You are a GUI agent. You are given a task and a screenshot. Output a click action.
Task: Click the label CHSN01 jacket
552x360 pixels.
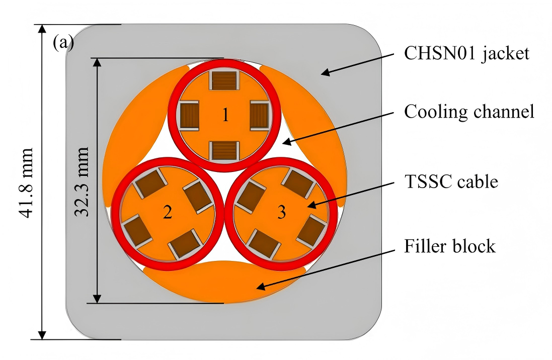click(467, 53)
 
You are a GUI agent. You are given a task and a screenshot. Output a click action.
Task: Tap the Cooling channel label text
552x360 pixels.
click(469, 112)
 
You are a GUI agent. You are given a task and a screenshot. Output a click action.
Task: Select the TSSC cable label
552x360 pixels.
click(451, 181)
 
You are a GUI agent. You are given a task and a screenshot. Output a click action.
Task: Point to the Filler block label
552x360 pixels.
click(450, 246)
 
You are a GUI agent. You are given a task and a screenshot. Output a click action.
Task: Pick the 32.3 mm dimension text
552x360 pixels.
click(81, 182)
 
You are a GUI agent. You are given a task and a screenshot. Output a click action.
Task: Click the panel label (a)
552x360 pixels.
click(63, 43)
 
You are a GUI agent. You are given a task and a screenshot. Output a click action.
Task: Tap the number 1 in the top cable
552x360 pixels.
click(225, 116)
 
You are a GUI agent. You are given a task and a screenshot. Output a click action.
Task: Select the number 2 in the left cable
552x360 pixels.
click(167, 213)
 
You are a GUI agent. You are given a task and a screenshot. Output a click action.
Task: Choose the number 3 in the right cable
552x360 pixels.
click(282, 213)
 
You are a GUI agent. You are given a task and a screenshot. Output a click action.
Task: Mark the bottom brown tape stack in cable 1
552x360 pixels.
click(224, 149)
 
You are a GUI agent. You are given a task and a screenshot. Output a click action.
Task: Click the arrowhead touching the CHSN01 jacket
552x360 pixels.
click(325, 73)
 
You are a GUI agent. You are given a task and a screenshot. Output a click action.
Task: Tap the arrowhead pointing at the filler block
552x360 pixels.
click(260, 287)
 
